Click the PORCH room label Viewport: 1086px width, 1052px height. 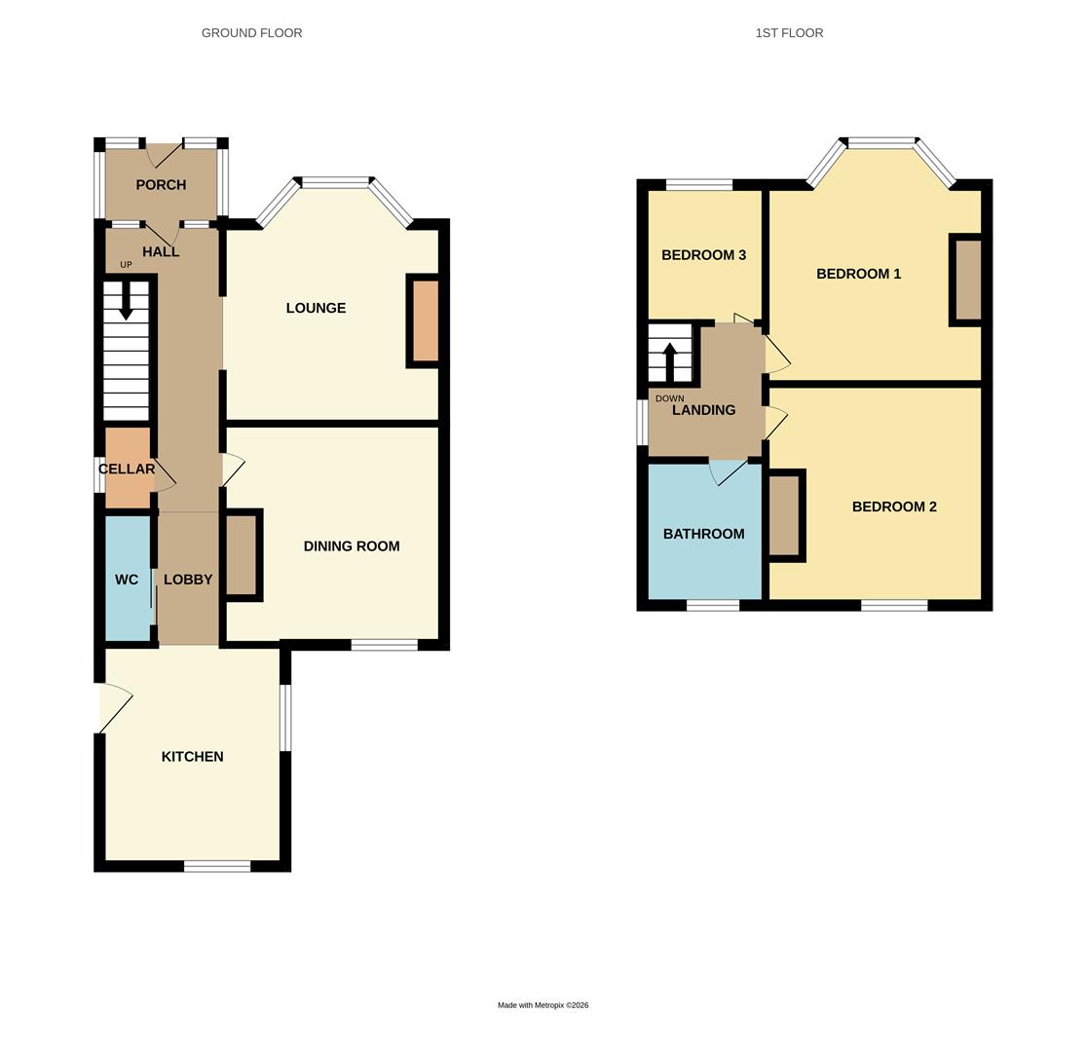(161, 185)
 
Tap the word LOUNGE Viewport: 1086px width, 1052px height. (316, 308)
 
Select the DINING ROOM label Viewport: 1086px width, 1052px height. (352, 546)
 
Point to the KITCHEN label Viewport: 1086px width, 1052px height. (193, 757)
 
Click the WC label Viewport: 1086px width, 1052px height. (127, 580)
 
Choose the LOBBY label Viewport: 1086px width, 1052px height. (188, 580)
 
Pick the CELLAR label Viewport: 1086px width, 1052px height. (127, 470)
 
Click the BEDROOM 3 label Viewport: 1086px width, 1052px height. (703, 255)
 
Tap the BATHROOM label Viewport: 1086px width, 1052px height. (703, 534)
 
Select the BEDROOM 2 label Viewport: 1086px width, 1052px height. (894, 507)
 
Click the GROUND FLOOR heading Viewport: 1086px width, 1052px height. (251, 33)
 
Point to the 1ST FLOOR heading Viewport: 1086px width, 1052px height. (789, 33)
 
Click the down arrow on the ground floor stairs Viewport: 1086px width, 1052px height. (126, 301)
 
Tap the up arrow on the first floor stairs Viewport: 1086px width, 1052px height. (670, 360)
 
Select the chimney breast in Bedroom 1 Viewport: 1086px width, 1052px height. (968, 280)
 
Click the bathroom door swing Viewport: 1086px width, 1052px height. (727, 473)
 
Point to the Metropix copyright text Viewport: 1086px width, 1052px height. (543, 1005)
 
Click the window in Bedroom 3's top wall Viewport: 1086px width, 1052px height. (699, 185)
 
